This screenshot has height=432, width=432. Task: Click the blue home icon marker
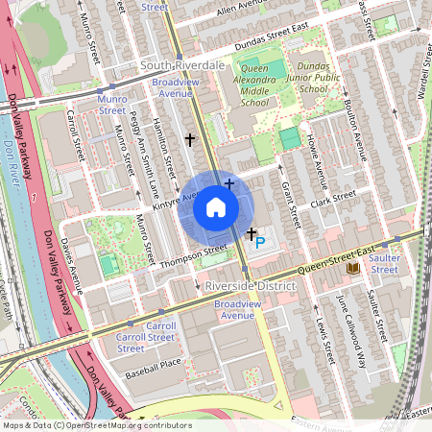(x=216, y=207)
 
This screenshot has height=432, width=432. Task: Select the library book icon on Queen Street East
(x=353, y=268)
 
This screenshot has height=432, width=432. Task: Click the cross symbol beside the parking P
(x=251, y=233)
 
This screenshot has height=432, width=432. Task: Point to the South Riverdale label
(x=181, y=64)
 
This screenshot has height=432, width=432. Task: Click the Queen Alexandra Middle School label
(x=241, y=84)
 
